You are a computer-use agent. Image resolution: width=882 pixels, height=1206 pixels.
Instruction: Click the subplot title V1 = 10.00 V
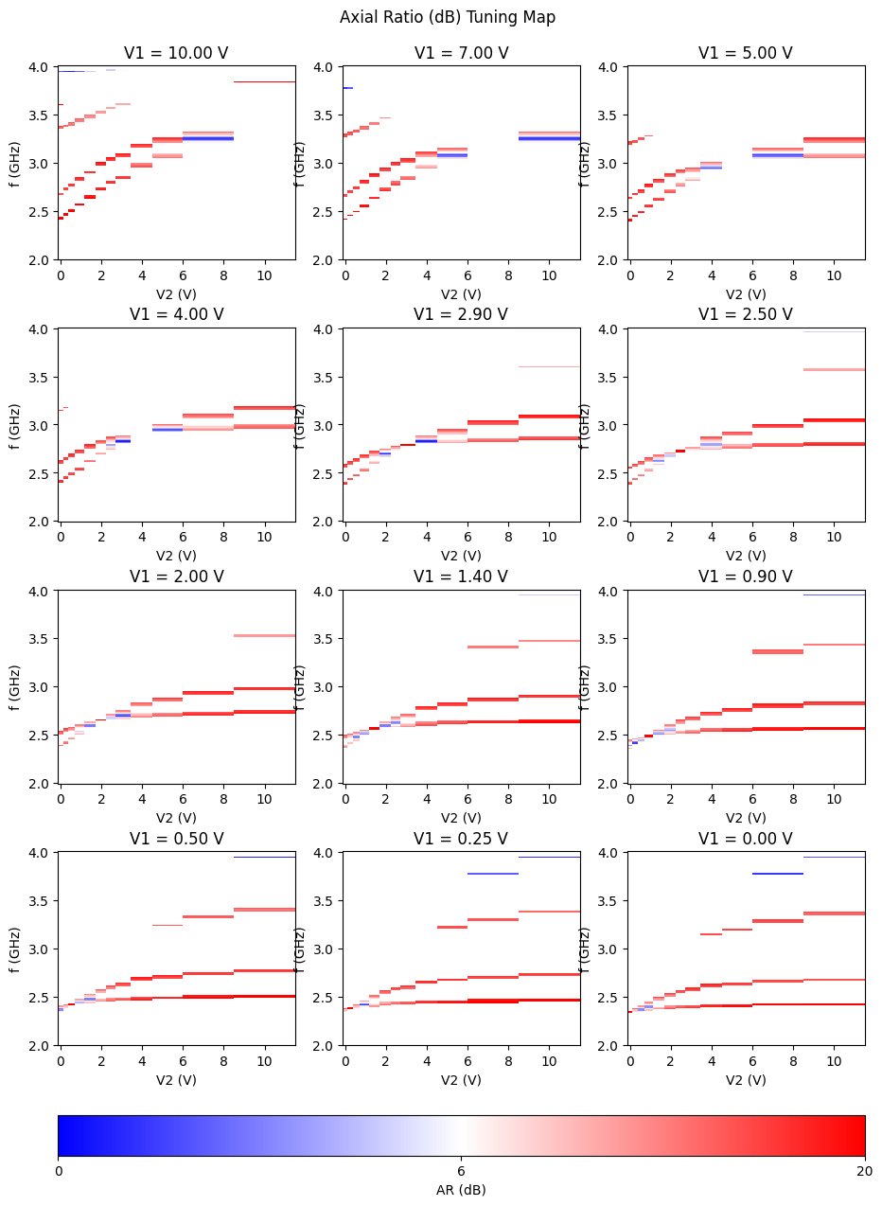tap(176, 53)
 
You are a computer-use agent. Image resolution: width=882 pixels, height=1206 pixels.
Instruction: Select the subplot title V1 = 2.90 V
tap(461, 314)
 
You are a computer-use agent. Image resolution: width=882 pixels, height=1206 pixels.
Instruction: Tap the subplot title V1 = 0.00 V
tap(746, 839)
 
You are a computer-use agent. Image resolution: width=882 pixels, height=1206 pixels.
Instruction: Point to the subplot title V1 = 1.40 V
tap(461, 576)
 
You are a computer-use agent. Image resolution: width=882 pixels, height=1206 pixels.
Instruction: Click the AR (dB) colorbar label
tap(461, 1190)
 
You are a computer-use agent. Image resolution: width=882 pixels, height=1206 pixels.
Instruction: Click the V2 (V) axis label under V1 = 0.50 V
tap(176, 1080)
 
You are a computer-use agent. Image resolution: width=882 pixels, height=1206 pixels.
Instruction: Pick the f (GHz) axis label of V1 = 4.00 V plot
tap(16, 424)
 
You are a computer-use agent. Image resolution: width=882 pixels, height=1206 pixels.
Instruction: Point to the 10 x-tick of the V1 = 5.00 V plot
tap(834, 275)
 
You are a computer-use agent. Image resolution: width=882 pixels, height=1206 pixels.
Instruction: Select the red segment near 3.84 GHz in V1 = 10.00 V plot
tap(264, 82)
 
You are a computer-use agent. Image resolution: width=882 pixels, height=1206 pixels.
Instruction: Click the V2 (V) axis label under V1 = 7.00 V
tap(461, 293)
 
